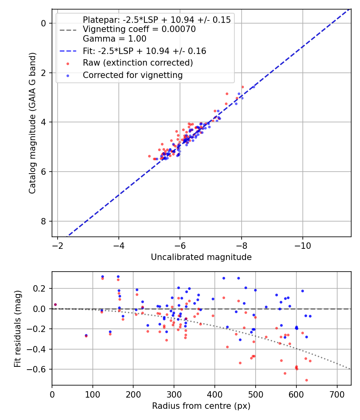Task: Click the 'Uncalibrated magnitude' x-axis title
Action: point(201,257)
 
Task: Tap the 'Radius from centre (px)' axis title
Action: point(201,406)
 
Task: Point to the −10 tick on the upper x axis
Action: point(302,245)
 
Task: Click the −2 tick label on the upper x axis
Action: point(58,245)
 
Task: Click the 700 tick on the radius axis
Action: point(337,394)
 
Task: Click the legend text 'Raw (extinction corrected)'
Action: point(138,63)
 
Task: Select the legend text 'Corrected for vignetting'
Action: point(132,75)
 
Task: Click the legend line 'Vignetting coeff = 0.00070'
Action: point(139,29)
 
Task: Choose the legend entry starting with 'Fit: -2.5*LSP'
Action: point(144,51)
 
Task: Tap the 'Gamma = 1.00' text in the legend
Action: point(114,39)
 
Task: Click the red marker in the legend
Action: point(68,63)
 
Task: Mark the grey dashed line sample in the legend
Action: point(68,30)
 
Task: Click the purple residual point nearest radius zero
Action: point(55,304)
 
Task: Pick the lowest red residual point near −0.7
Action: point(306,380)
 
